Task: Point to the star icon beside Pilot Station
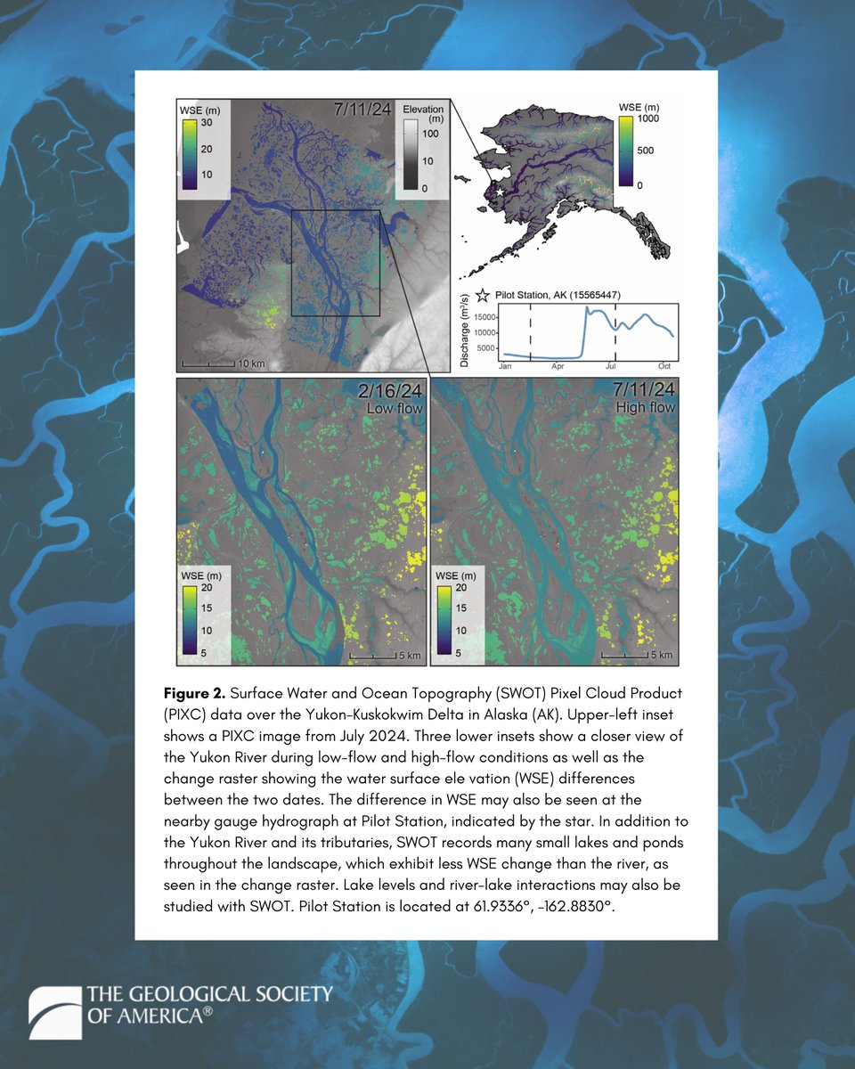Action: point(484,295)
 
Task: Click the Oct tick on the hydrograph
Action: point(664,366)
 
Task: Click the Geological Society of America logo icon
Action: point(55,1012)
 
